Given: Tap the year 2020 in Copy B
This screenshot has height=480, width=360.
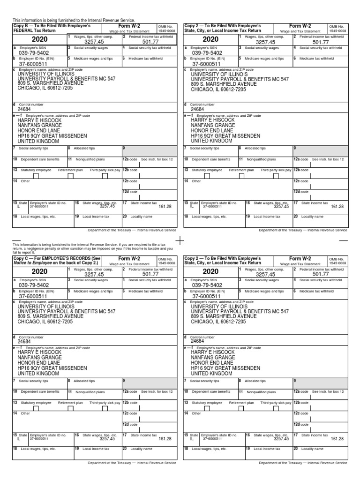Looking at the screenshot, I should coord(39,40).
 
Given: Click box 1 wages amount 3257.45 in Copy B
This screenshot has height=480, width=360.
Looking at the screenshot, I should coord(94,42).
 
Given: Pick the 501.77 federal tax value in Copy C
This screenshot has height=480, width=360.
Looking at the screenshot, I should coord(151,275).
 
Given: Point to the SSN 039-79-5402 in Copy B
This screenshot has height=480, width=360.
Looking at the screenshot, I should coord(34,53).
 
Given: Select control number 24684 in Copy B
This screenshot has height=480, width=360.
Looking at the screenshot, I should coord(24,109).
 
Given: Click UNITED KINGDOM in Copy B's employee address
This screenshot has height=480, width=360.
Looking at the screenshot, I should coord(38,141).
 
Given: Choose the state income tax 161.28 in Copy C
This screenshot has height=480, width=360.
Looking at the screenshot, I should coord(165,439).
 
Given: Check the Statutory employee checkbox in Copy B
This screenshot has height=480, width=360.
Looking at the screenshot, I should coord(36,177).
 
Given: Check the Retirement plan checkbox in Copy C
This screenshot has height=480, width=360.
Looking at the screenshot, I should coord(70,409).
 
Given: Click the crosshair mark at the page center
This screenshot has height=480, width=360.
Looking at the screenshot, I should coord(180,240).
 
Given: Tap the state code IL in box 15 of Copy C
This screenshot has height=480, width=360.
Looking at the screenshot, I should coord(18,439).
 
